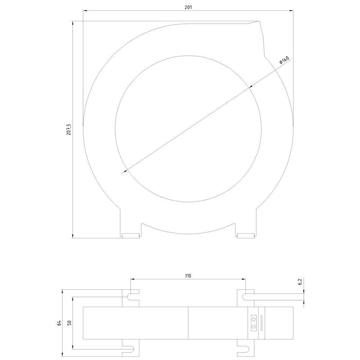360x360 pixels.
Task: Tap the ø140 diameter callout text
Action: [x=284, y=60]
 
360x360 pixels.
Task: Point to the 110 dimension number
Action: [x=188, y=276]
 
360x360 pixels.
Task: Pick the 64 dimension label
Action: [x=59, y=323]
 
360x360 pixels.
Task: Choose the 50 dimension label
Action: [x=69, y=323]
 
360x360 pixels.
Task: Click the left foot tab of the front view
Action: [x=131, y=236]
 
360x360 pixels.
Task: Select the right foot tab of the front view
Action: [x=246, y=236]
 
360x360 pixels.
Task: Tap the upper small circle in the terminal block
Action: [x=254, y=319]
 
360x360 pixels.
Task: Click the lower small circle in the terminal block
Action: [x=254, y=326]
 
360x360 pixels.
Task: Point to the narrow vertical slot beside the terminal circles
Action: [x=262, y=323]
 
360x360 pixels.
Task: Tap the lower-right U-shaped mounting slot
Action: [x=245, y=348]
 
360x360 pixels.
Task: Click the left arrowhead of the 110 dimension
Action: [x=132, y=279]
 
